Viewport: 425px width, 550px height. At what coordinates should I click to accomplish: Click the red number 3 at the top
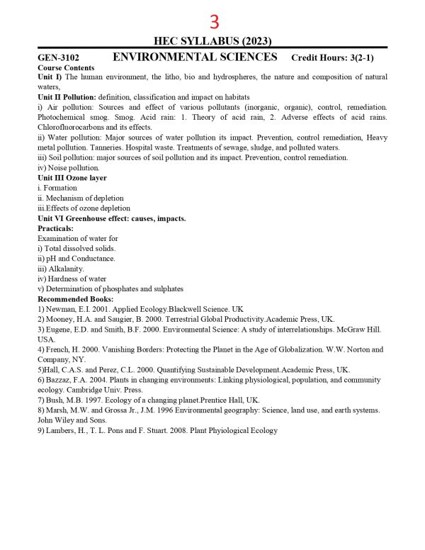[214, 22]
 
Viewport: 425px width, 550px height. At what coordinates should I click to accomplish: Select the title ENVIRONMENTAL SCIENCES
[195, 57]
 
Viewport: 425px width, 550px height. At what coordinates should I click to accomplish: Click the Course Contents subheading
[61, 67]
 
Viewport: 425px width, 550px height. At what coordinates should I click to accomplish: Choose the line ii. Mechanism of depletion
[80, 198]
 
